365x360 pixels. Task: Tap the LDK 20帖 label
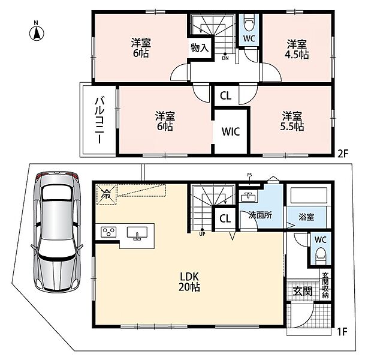(189, 282)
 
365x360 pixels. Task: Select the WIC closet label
(231, 131)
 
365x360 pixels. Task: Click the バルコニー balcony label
(99, 120)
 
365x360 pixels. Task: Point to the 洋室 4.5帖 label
(297, 49)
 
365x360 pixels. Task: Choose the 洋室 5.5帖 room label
(292, 121)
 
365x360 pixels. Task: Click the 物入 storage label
(200, 48)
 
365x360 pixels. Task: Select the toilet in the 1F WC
(320, 256)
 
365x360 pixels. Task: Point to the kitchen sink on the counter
(137, 233)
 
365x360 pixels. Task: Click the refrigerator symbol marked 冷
(106, 194)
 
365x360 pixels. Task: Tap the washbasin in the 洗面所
(248, 196)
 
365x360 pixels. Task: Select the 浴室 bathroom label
(306, 217)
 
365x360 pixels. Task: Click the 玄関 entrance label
(303, 291)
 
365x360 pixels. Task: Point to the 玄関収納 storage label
(325, 285)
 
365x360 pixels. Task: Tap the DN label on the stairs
(225, 58)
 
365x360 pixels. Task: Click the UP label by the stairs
(203, 234)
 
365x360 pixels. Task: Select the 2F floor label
(342, 154)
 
